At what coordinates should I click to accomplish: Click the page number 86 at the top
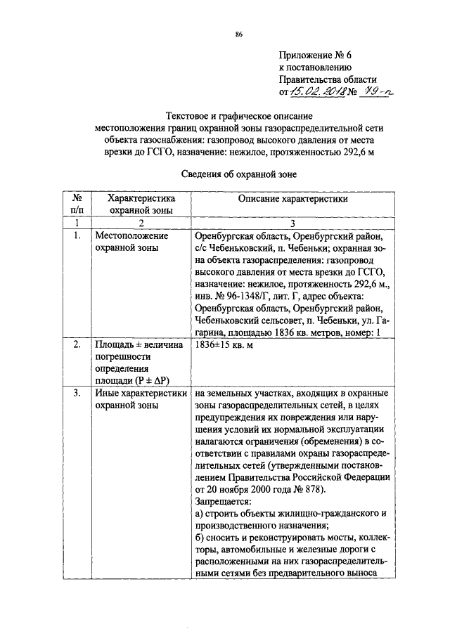[x=239, y=34]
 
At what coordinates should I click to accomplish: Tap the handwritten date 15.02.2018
[x=315, y=92]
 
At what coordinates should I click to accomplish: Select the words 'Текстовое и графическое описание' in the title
[x=239, y=115]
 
